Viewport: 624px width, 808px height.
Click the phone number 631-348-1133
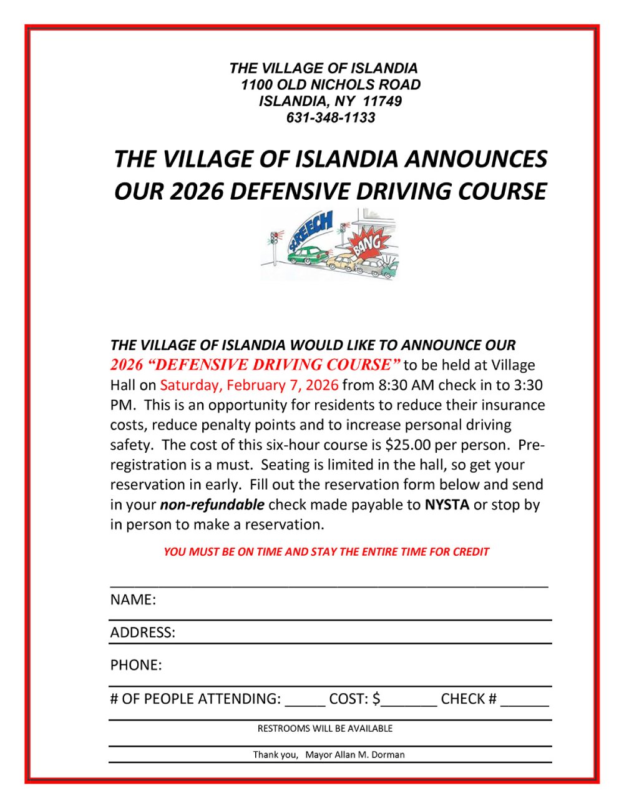[x=331, y=117]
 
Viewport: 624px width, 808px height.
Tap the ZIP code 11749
[x=382, y=101]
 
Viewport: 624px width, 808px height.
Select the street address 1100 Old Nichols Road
[x=331, y=85]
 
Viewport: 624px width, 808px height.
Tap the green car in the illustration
[x=307, y=255]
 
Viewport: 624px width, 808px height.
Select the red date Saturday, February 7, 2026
[x=249, y=385]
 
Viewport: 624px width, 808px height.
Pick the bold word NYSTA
[x=447, y=505]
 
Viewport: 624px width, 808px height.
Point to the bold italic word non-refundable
[x=212, y=505]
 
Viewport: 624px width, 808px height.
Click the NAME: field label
[x=133, y=600]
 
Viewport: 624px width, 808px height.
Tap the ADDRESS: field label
[x=143, y=633]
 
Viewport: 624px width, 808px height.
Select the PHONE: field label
[x=136, y=665]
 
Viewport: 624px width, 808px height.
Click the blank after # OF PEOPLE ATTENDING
[x=305, y=701]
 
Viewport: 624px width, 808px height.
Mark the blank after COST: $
[x=409, y=701]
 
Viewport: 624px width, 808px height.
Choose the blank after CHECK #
[x=524, y=701]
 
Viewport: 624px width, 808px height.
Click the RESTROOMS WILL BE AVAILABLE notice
[x=325, y=729]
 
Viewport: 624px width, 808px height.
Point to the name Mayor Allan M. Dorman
[x=354, y=755]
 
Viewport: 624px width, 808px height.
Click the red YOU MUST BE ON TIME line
[x=326, y=552]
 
